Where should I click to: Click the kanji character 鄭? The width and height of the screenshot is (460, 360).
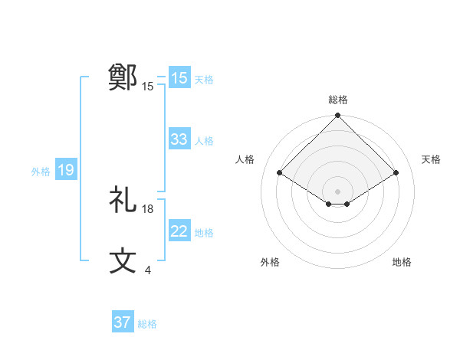[x=123, y=77]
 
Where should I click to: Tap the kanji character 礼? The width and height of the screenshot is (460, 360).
[x=123, y=201]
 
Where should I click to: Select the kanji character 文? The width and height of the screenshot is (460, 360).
[x=123, y=260]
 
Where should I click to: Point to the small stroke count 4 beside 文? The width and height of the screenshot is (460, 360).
[x=147, y=270]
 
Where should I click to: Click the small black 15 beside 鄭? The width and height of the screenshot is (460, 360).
[x=148, y=87]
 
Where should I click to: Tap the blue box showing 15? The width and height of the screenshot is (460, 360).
[x=179, y=78]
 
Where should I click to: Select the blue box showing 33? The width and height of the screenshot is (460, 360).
[x=179, y=139]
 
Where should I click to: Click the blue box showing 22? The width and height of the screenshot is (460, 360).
[x=179, y=231]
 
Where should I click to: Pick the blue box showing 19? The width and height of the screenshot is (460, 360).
[x=66, y=170]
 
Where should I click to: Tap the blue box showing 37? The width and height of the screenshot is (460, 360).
[x=123, y=322]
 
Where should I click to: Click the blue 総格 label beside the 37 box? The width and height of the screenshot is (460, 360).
[x=147, y=324]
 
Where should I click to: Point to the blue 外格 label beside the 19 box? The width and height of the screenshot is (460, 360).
[x=41, y=172]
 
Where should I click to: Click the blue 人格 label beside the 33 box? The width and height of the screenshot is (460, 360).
[x=204, y=141]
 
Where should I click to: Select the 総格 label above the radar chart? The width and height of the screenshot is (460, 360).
[x=338, y=100]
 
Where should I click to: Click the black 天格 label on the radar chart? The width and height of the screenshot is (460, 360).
[x=431, y=159]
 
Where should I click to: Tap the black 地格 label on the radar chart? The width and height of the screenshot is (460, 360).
[x=402, y=263]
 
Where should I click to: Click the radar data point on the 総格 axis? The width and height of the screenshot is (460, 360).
[x=338, y=116]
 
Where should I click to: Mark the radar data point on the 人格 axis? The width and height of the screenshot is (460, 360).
[x=280, y=172]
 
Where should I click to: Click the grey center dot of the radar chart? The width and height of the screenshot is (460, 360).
[x=338, y=191]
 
